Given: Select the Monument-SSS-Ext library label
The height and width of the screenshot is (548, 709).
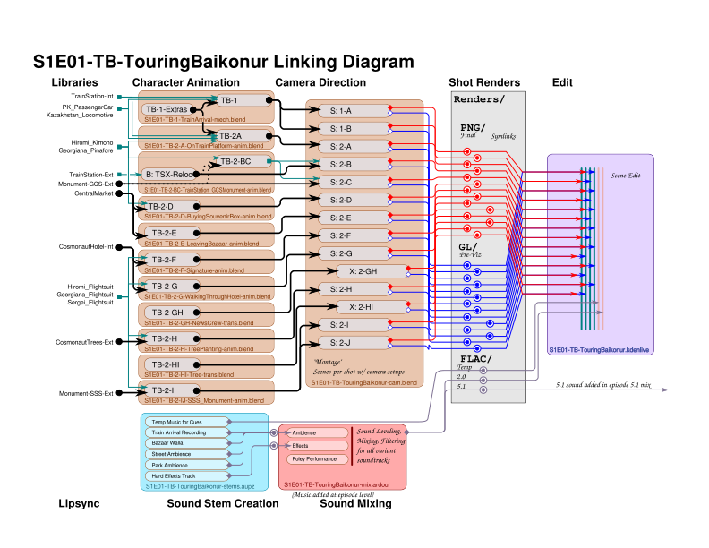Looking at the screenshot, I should (86, 393).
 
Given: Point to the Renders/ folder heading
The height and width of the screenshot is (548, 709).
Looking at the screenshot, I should (479, 98).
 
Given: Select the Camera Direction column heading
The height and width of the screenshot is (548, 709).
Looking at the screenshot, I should (320, 82).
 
